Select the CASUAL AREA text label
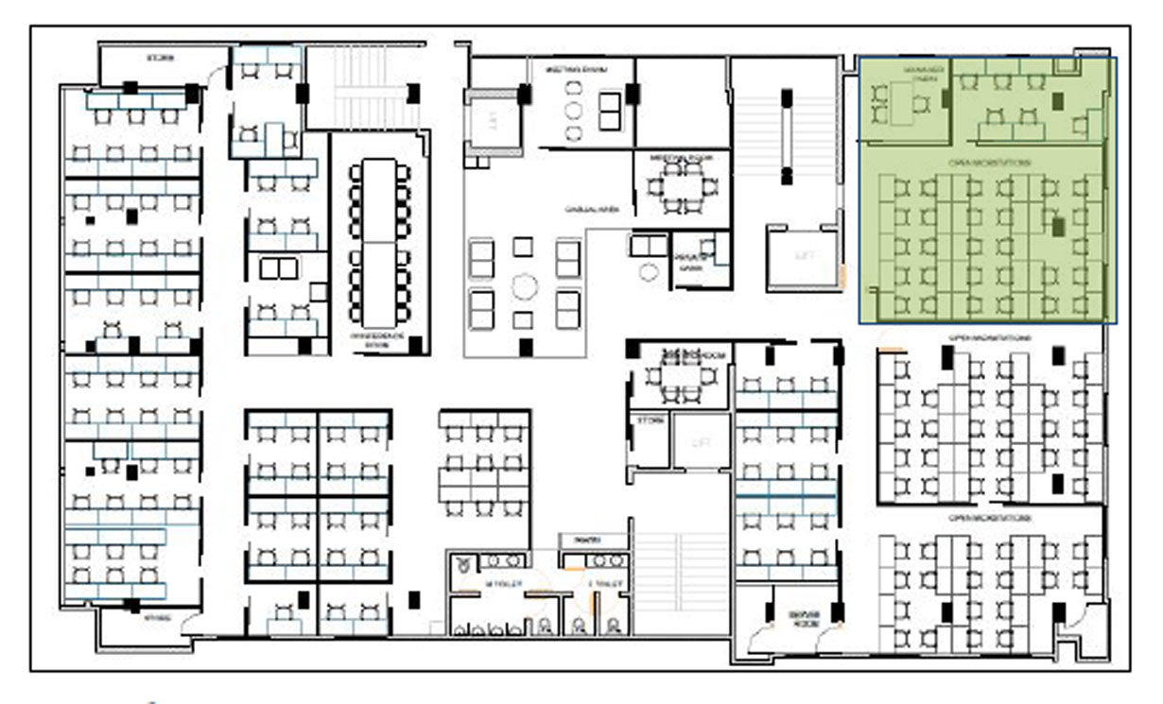click(x=592, y=209)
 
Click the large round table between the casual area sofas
click(x=524, y=284)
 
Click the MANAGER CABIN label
click(x=924, y=75)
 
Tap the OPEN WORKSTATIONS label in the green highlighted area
click(x=989, y=163)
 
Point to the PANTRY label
click(x=586, y=540)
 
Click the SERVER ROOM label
click(x=804, y=618)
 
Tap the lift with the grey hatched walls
click(x=492, y=120)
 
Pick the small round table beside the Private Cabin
click(x=648, y=272)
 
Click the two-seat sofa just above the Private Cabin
click(x=649, y=246)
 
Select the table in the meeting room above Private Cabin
click(x=676, y=187)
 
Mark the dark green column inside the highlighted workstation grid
click(x=1059, y=226)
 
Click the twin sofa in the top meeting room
click(x=610, y=112)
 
